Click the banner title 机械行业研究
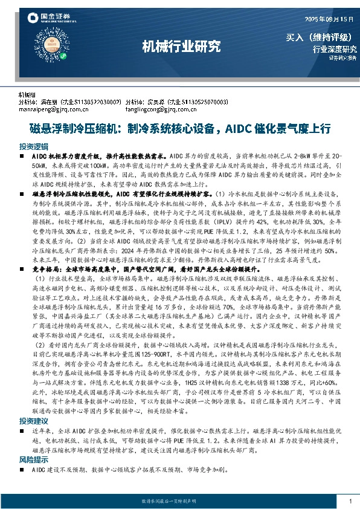click(x=181, y=46)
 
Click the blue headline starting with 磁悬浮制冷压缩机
click(x=180, y=128)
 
